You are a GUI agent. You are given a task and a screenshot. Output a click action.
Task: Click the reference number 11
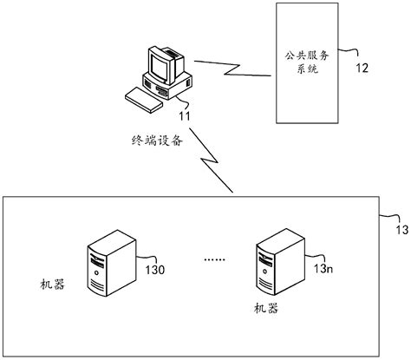[185, 114]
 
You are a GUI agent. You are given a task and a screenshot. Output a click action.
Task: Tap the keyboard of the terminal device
[141, 98]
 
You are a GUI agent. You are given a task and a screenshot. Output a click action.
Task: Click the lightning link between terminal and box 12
[231, 67]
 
